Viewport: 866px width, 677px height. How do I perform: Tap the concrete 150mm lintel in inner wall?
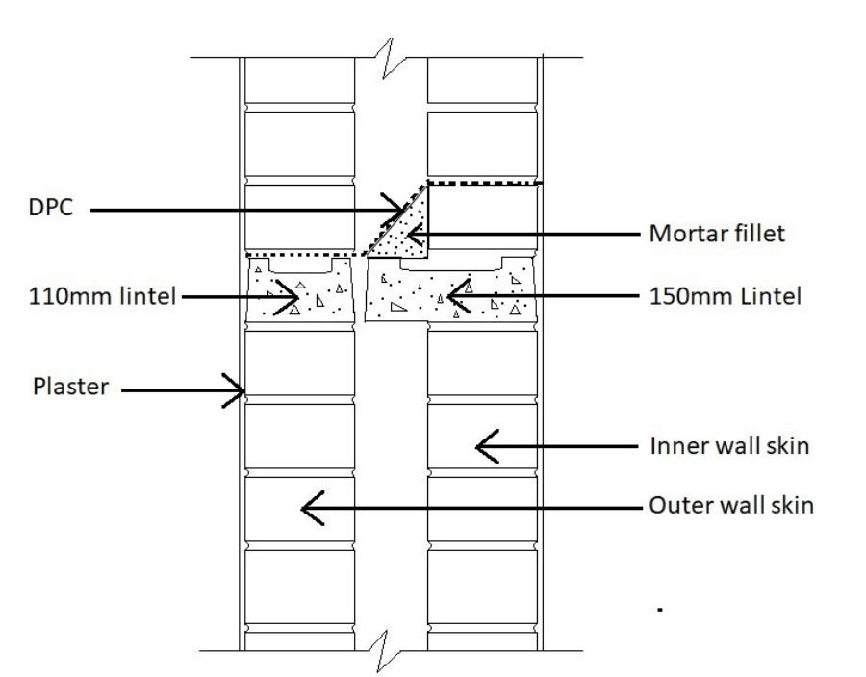click(x=447, y=293)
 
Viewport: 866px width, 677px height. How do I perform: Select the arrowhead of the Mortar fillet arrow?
click(x=412, y=234)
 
